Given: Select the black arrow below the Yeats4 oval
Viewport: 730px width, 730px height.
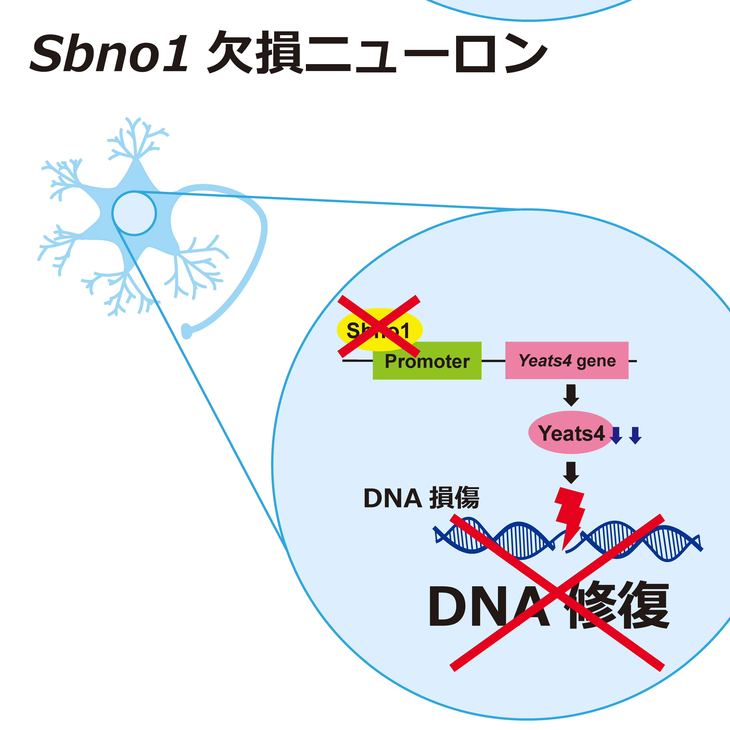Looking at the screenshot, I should click(x=571, y=472).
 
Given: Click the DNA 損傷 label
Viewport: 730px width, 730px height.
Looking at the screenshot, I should click(x=421, y=498).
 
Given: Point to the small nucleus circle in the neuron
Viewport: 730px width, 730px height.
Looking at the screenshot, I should click(x=134, y=213).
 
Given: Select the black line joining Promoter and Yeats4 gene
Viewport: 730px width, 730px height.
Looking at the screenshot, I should click(x=493, y=361).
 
